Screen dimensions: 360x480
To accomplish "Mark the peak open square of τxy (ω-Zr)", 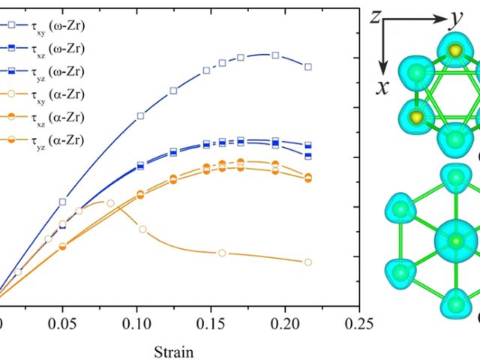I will pos(275,55).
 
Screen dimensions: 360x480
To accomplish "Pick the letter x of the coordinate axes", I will pos(382,88).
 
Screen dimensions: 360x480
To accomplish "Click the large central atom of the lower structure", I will pos(454,241).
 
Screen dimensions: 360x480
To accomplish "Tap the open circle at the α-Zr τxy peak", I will pos(110,203).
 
